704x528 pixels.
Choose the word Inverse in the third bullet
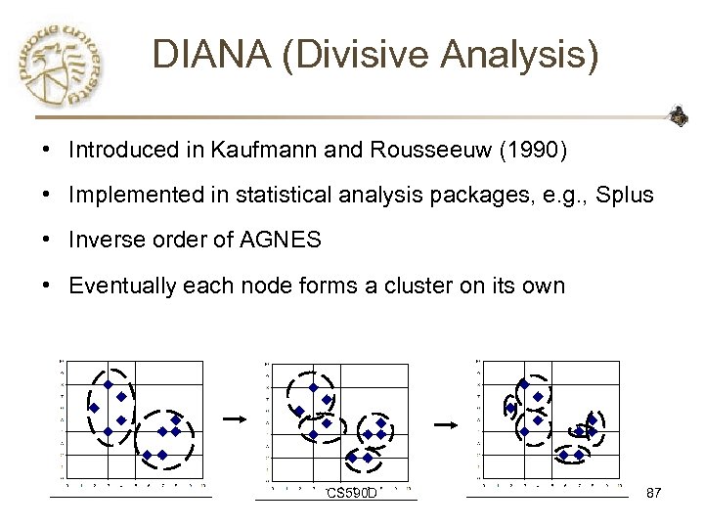[x=102, y=241]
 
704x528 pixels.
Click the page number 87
[x=654, y=493]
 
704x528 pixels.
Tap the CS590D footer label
[x=352, y=493]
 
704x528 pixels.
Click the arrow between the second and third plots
[x=446, y=425]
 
